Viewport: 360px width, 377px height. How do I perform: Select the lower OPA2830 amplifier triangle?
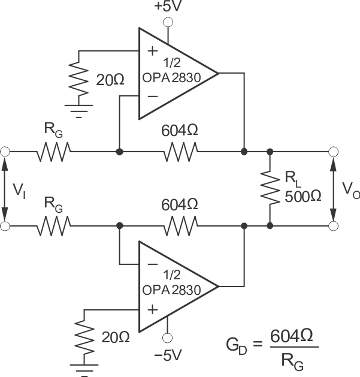pos(174,286)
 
